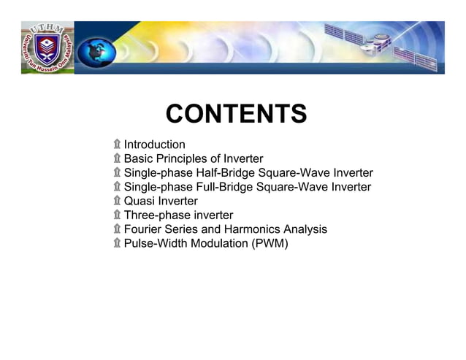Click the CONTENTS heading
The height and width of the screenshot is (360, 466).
point(236,115)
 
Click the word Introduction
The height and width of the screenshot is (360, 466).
point(154,145)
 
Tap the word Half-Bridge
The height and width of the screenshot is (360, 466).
point(223,173)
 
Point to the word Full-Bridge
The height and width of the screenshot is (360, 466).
point(222,187)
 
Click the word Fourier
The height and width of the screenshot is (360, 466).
point(144,229)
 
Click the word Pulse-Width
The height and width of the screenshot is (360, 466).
point(156,243)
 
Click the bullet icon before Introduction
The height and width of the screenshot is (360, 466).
point(117,145)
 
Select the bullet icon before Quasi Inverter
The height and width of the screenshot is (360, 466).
point(117,201)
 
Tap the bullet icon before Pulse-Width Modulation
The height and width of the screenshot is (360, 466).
point(117,243)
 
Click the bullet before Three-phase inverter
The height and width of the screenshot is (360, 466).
point(117,215)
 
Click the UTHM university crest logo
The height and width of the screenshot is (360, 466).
point(47,47)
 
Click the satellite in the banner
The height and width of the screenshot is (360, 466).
point(380,42)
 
